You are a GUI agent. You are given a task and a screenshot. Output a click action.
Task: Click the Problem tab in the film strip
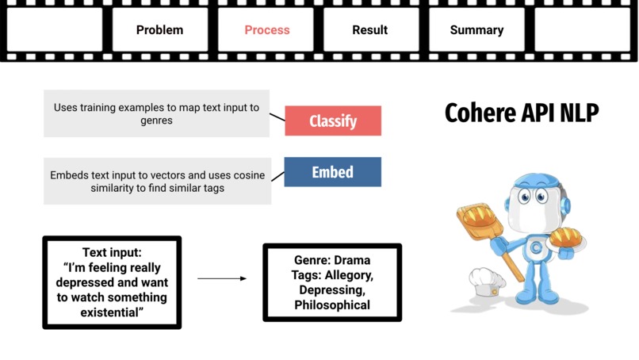(159, 30)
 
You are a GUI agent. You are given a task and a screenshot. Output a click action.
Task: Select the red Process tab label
(266, 30)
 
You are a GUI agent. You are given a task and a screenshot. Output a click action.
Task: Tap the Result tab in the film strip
(370, 30)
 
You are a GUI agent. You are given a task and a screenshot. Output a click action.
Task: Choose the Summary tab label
(476, 30)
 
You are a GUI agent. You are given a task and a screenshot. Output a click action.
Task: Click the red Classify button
(333, 121)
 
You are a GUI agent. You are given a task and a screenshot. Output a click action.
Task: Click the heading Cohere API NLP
(521, 113)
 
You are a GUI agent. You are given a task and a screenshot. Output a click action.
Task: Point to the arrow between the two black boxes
(221, 278)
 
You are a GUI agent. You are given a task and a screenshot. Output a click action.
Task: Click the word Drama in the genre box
(352, 260)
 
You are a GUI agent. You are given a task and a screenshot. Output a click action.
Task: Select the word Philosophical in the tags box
(332, 304)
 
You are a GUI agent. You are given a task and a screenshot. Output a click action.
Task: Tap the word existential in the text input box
(112, 312)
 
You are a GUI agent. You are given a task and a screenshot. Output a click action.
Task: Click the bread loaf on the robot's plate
(568, 236)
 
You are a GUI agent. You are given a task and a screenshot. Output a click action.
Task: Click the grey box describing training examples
(156, 113)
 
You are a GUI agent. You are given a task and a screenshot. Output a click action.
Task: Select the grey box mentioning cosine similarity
(157, 181)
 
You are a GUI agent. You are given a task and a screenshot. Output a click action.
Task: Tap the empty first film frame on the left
(55, 30)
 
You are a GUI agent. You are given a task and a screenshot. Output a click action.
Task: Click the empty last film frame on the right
(582, 30)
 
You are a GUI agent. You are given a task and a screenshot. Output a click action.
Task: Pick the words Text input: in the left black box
(112, 253)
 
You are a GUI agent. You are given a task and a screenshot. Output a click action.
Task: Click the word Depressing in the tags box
(332, 289)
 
